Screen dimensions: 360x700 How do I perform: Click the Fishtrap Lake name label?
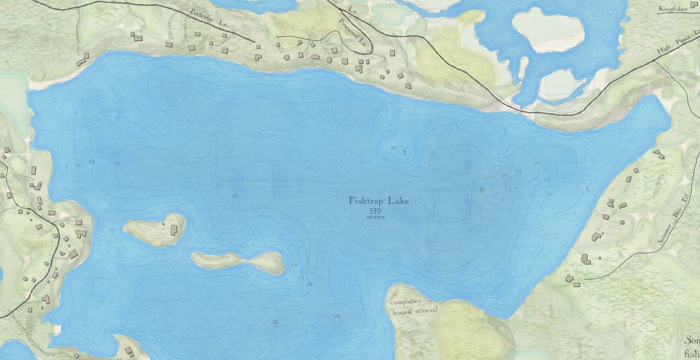click(379, 201)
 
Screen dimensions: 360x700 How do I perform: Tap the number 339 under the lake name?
click(374, 211)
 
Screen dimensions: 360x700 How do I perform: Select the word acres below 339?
click(376, 216)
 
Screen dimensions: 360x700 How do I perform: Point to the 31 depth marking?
click(482, 189)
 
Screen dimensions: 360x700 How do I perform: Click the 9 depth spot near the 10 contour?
click(404, 152)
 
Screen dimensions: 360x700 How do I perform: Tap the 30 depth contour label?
click(504, 175)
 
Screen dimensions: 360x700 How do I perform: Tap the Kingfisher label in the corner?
click(673, 8)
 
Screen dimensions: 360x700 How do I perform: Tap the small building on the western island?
click(163, 223)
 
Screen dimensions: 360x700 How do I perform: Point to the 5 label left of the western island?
click(112, 230)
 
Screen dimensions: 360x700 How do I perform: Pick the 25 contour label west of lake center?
click(236, 196)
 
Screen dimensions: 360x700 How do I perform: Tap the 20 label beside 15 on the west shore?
click(116, 163)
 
